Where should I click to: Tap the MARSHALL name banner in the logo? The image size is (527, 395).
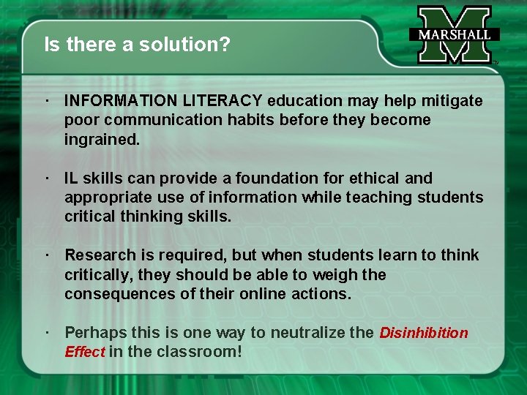pyautogui.click(x=455, y=34)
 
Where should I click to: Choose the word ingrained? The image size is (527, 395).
pyautogui.click(x=101, y=138)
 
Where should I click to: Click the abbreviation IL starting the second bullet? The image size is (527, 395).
pyautogui.click(x=72, y=178)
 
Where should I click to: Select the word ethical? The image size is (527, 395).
pyautogui.click(x=373, y=178)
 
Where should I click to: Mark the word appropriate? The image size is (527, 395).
pyautogui.click(x=102, y=197)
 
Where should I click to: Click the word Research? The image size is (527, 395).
pyautogui.click(x=97, y=255)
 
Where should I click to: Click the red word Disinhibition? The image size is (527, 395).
pyautogui.click(x=424, y=333)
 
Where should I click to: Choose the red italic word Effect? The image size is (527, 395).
pyautogui.click(x=85, y=352)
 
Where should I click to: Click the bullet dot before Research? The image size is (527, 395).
pyautogui.click(x=46, y=255)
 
